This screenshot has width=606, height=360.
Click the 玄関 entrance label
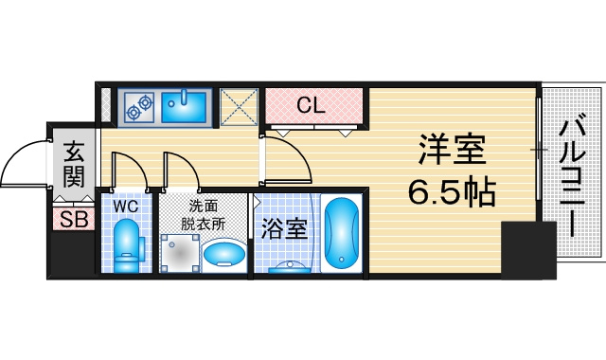[74, 164]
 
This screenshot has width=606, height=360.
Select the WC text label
[126, 207]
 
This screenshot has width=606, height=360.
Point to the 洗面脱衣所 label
[203, 216]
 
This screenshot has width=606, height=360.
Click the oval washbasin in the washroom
[223, 254]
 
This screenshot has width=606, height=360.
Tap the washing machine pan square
[181, 253]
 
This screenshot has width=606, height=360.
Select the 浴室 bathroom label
[284, 229]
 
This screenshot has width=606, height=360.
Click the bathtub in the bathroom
[341, 233]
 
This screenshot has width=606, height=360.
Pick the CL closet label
[312, 105]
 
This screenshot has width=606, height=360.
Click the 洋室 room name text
[452, 150]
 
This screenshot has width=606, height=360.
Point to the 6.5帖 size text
[452, 191]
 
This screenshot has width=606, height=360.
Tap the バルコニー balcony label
[573, 178]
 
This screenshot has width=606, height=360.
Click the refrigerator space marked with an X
[239, 107]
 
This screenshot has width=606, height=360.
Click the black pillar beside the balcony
[528, 250]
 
